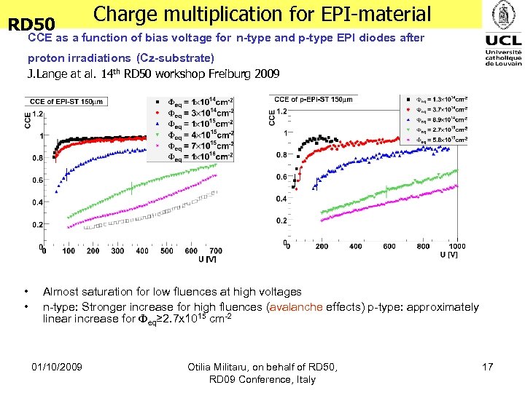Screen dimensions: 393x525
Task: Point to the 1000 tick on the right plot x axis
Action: [456, 247]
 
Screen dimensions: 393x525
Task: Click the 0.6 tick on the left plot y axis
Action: [36, 180]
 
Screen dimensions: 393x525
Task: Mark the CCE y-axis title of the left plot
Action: [28, 121]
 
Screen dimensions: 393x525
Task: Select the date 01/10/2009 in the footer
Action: [58, 366]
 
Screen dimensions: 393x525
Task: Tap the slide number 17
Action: [488, 366]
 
